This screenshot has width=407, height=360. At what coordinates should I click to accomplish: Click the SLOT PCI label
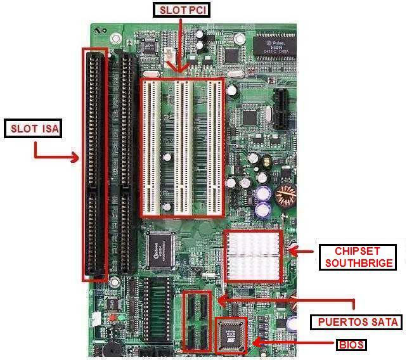click(182, 10)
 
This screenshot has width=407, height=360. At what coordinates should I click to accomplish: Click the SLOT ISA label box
click(34, 129)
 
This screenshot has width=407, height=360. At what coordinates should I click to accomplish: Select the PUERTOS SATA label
click(356, 322)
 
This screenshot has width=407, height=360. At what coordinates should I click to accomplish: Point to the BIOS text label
click(351, 345)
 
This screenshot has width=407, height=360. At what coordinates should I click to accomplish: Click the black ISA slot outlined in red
click(96, 165)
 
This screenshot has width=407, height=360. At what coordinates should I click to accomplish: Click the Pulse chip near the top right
click(273, 44)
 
